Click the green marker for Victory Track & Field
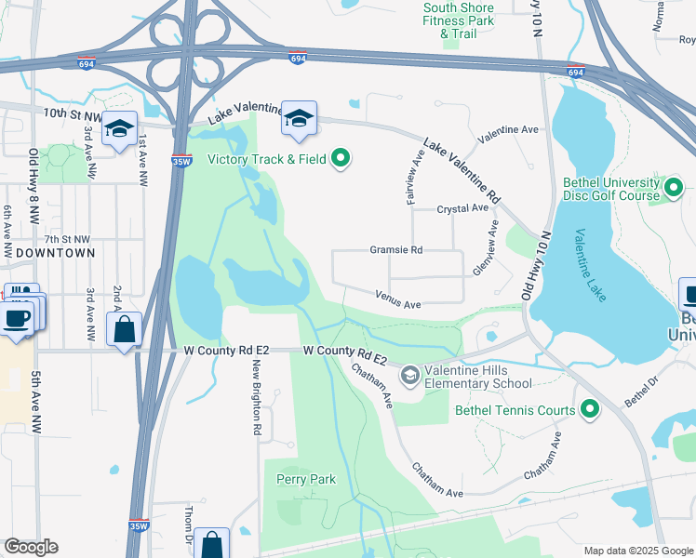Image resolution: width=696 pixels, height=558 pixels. (x=341, y=159)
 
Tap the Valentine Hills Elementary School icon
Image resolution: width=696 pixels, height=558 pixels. (x=408, y=376)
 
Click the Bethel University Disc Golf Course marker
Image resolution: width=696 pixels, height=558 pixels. (x=675, y=189)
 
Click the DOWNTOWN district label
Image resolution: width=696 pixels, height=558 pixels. (x=55, y=253)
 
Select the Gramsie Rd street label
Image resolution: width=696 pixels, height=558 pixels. (x=396, y=250)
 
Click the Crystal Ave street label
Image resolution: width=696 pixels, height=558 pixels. (x=462, y=209)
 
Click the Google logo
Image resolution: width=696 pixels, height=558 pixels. (x=32, y=547)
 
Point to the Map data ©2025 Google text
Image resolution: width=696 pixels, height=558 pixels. (x=636, y=551)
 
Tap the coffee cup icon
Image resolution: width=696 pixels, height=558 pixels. (x=16, y=319)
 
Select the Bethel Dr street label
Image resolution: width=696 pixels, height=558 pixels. (x=641, y=397)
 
